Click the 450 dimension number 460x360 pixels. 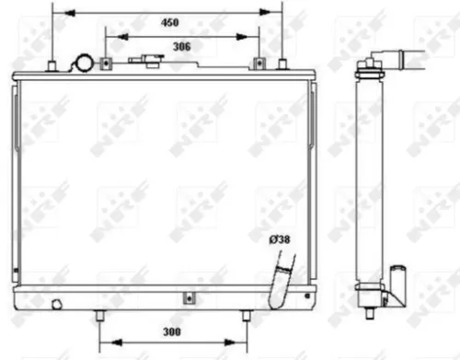pos(168,21)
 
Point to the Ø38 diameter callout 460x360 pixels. pos(279,241)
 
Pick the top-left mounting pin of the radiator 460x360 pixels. pos(52,65)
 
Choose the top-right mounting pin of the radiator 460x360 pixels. pos(282,64)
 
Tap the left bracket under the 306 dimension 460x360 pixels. pos(106,64)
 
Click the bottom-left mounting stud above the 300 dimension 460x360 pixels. pos(98,315)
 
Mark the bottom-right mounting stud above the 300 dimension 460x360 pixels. pos(246,315)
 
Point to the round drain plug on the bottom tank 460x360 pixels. pos(57,302)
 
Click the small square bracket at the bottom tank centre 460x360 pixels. pos(187,297)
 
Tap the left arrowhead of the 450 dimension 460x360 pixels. pos(55,11)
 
